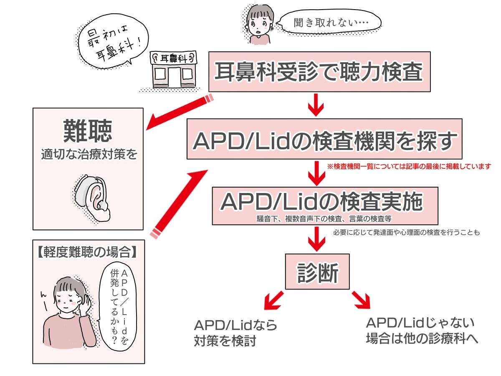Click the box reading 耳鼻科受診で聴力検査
coord(319,72)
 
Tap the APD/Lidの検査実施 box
coord(325,205)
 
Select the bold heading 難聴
coord(88,131)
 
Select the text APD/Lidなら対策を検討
coord(235,333)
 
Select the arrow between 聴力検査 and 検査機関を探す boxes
coord(316,105)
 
